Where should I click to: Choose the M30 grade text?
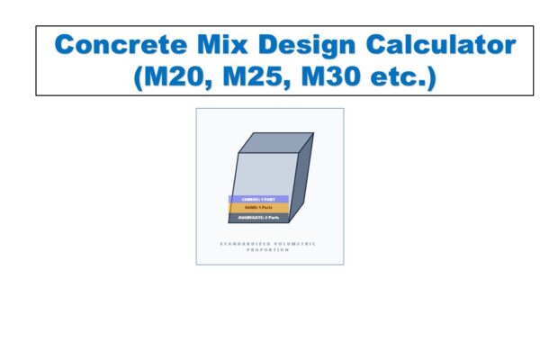tap(337, 76)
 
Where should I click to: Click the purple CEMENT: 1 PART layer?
tap(258, 199)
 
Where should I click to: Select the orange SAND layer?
tap(258, 208)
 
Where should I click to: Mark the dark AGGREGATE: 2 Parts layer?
tap(259, 218)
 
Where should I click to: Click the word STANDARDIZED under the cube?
tap(242, 243)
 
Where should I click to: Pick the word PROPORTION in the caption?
tap(268, 250)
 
